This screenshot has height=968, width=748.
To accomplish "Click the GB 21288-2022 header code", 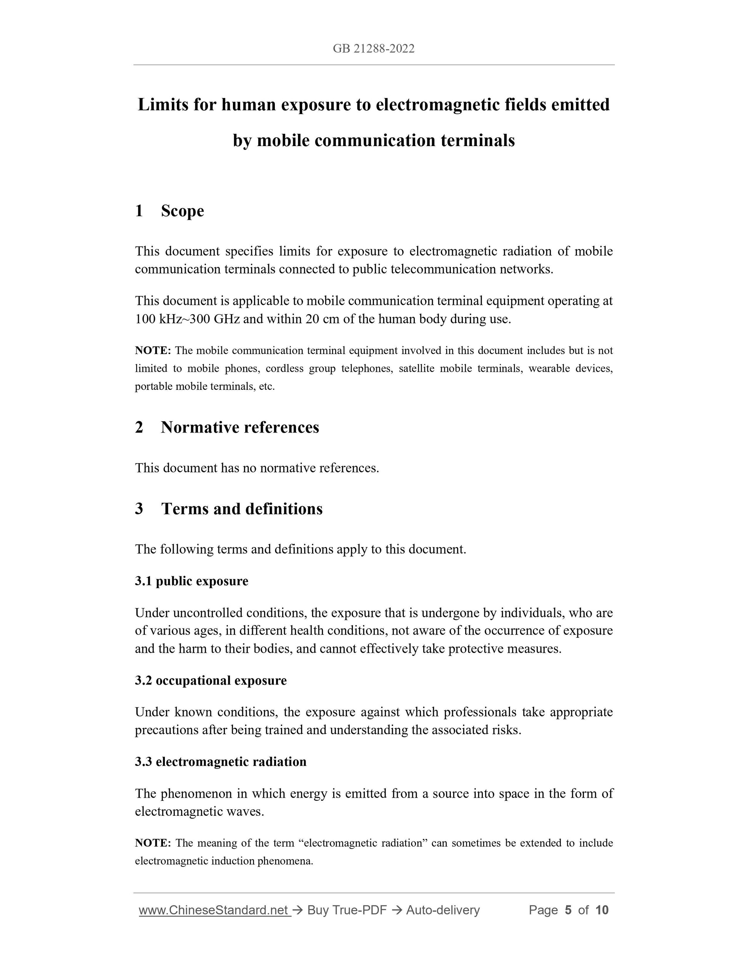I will pyautogui.click(x=374, y=49).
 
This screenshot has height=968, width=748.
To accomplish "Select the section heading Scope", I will pyautogui.click(x=182, y=211).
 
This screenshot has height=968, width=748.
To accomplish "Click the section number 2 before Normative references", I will pyautogui.click(x=139, y=427).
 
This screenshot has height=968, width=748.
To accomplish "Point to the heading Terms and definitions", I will pyautogui.click(x=241, y=509).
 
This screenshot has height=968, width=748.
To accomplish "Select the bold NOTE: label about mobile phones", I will pyautogui.click(x=153, y=351).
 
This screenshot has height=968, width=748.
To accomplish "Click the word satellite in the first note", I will pyautogui.click(x=416, y=369).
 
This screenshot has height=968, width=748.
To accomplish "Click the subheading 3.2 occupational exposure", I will pyautogui.click(x=211, y=680).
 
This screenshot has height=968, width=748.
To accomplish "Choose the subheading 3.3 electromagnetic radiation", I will pyautogui.click(x=221, y=762).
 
